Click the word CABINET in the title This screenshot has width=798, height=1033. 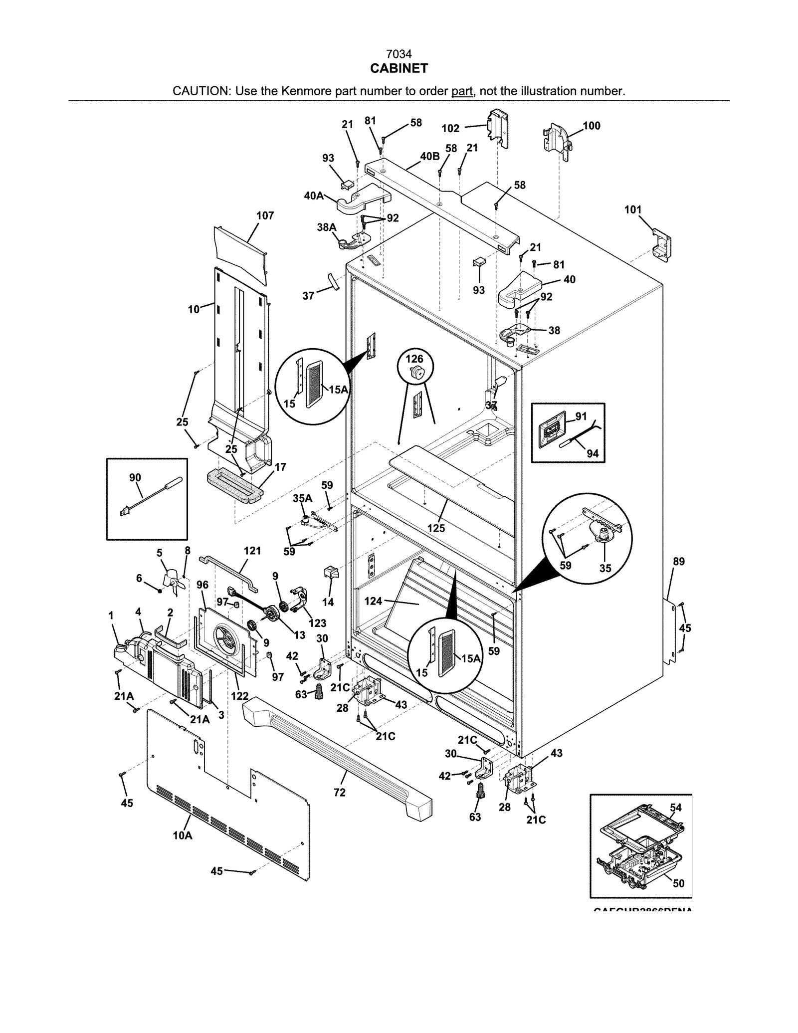click(399, 69)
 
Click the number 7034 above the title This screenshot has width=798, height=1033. click(399, 54)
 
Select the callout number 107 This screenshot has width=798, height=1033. click(265, 215)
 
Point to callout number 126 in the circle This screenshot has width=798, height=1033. click(414, 359)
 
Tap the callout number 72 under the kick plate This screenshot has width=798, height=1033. click(339, 792)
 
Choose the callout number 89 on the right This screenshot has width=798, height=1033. click(679, 562)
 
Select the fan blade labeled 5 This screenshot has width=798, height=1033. click(171, 582)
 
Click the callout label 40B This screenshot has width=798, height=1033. click(429, 156)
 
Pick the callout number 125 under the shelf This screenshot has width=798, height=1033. click(436, 528)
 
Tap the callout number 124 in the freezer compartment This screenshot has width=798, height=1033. click(373, 601)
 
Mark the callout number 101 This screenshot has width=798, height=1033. click(633, 209)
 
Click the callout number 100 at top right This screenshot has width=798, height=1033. click(592, 126)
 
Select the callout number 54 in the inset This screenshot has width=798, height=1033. click(675, 808)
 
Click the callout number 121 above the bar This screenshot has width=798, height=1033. click(252, 551)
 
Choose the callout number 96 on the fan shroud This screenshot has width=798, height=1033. click(202, 585)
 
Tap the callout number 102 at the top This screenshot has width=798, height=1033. click(450, 128)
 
